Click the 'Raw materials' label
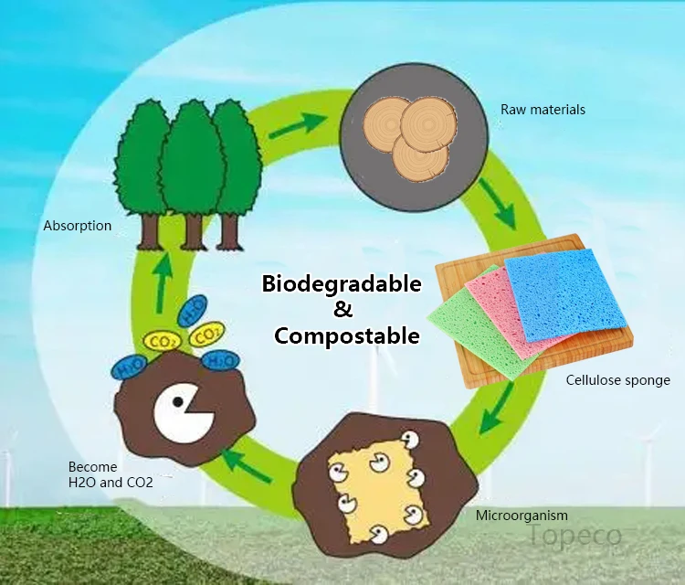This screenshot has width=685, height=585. [x=543, y=110]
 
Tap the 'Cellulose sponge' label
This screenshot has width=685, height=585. [x=617, y=380]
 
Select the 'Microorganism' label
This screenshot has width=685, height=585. [x=522, y=516]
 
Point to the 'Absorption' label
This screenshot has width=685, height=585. [x=78, y=226]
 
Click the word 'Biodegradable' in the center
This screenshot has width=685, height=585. [x=342, y=283]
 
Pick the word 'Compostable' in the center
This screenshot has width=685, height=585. [x=347, y=335]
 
